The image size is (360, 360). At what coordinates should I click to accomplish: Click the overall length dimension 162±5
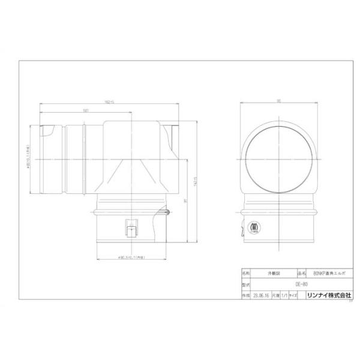(109, 102)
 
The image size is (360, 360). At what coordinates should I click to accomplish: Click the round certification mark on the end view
(253, 227)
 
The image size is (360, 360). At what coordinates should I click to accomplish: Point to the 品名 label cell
(301, 272)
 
